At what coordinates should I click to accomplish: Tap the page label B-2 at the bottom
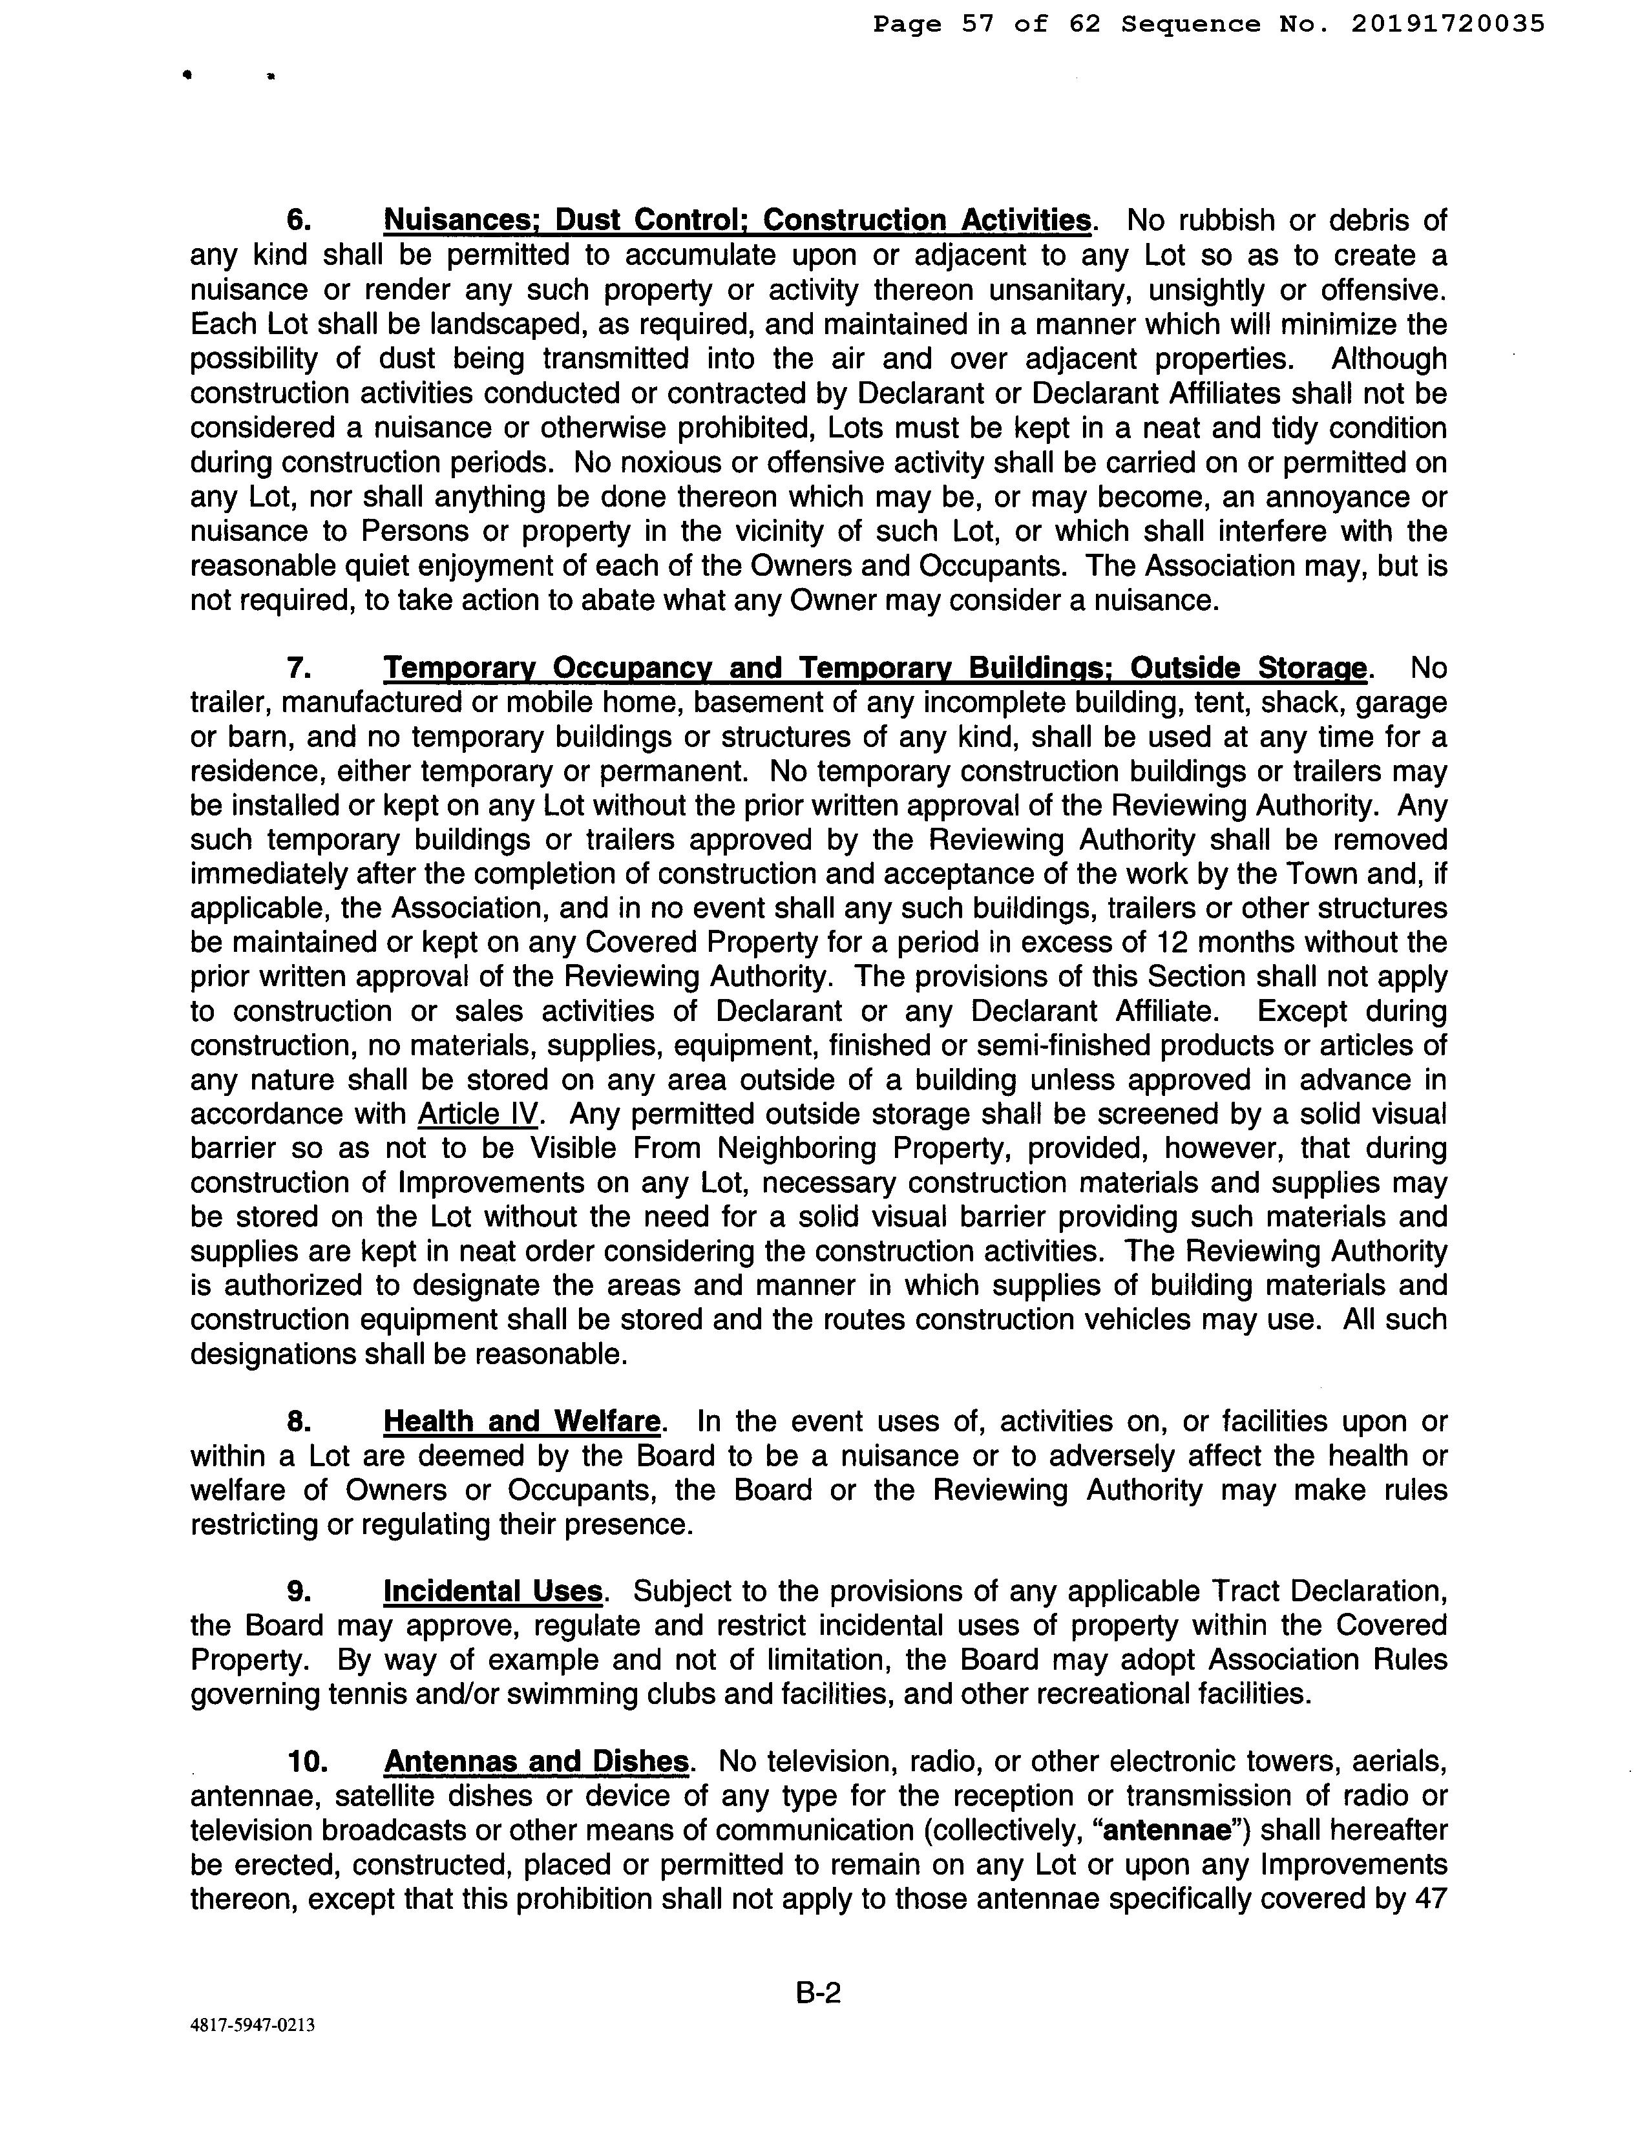[x=818, y=1992]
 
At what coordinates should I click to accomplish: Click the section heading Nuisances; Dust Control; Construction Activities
[x=737, y=220]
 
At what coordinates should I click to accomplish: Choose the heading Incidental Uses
[x=493, y=1592]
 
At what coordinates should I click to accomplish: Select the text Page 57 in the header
[x=932, y=25]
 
